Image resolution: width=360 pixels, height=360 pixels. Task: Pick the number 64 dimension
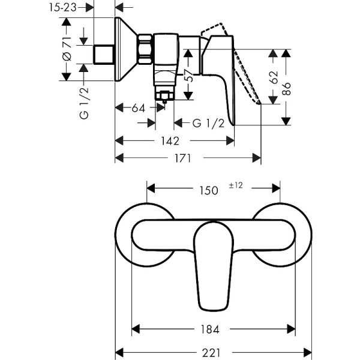[138, 108]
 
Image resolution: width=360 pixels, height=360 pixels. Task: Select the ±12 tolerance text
[235, 185]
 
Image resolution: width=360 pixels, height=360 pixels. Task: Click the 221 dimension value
[207, 352]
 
